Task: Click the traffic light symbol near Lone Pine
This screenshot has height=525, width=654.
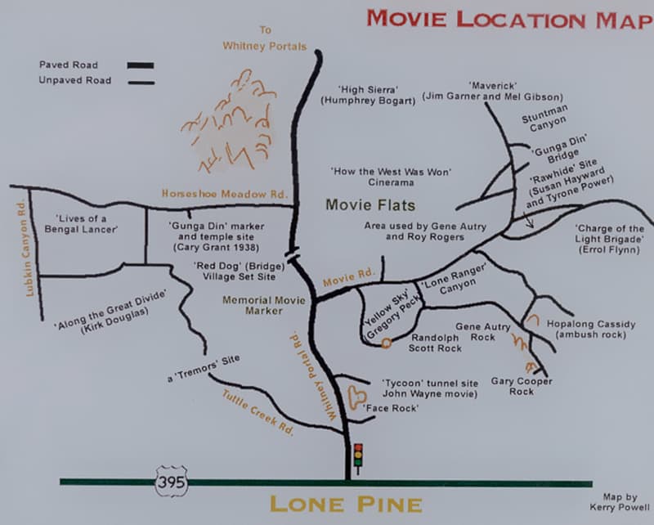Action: click(357, 455)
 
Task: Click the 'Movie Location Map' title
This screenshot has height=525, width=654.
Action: click(508, 19)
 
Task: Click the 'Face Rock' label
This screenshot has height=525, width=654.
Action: click(390, 407)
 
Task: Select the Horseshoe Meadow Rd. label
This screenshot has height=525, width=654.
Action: click(225, 194)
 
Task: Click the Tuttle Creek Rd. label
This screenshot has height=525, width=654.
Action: click(258, 411)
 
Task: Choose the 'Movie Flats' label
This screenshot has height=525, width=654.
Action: click(370, 204)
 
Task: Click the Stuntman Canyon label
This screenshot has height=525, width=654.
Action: click(544, 120)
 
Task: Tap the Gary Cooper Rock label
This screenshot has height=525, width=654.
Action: click(522, 386)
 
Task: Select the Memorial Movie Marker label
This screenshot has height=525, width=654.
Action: click(264, 305)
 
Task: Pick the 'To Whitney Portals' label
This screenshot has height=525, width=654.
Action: click(264, 38)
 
